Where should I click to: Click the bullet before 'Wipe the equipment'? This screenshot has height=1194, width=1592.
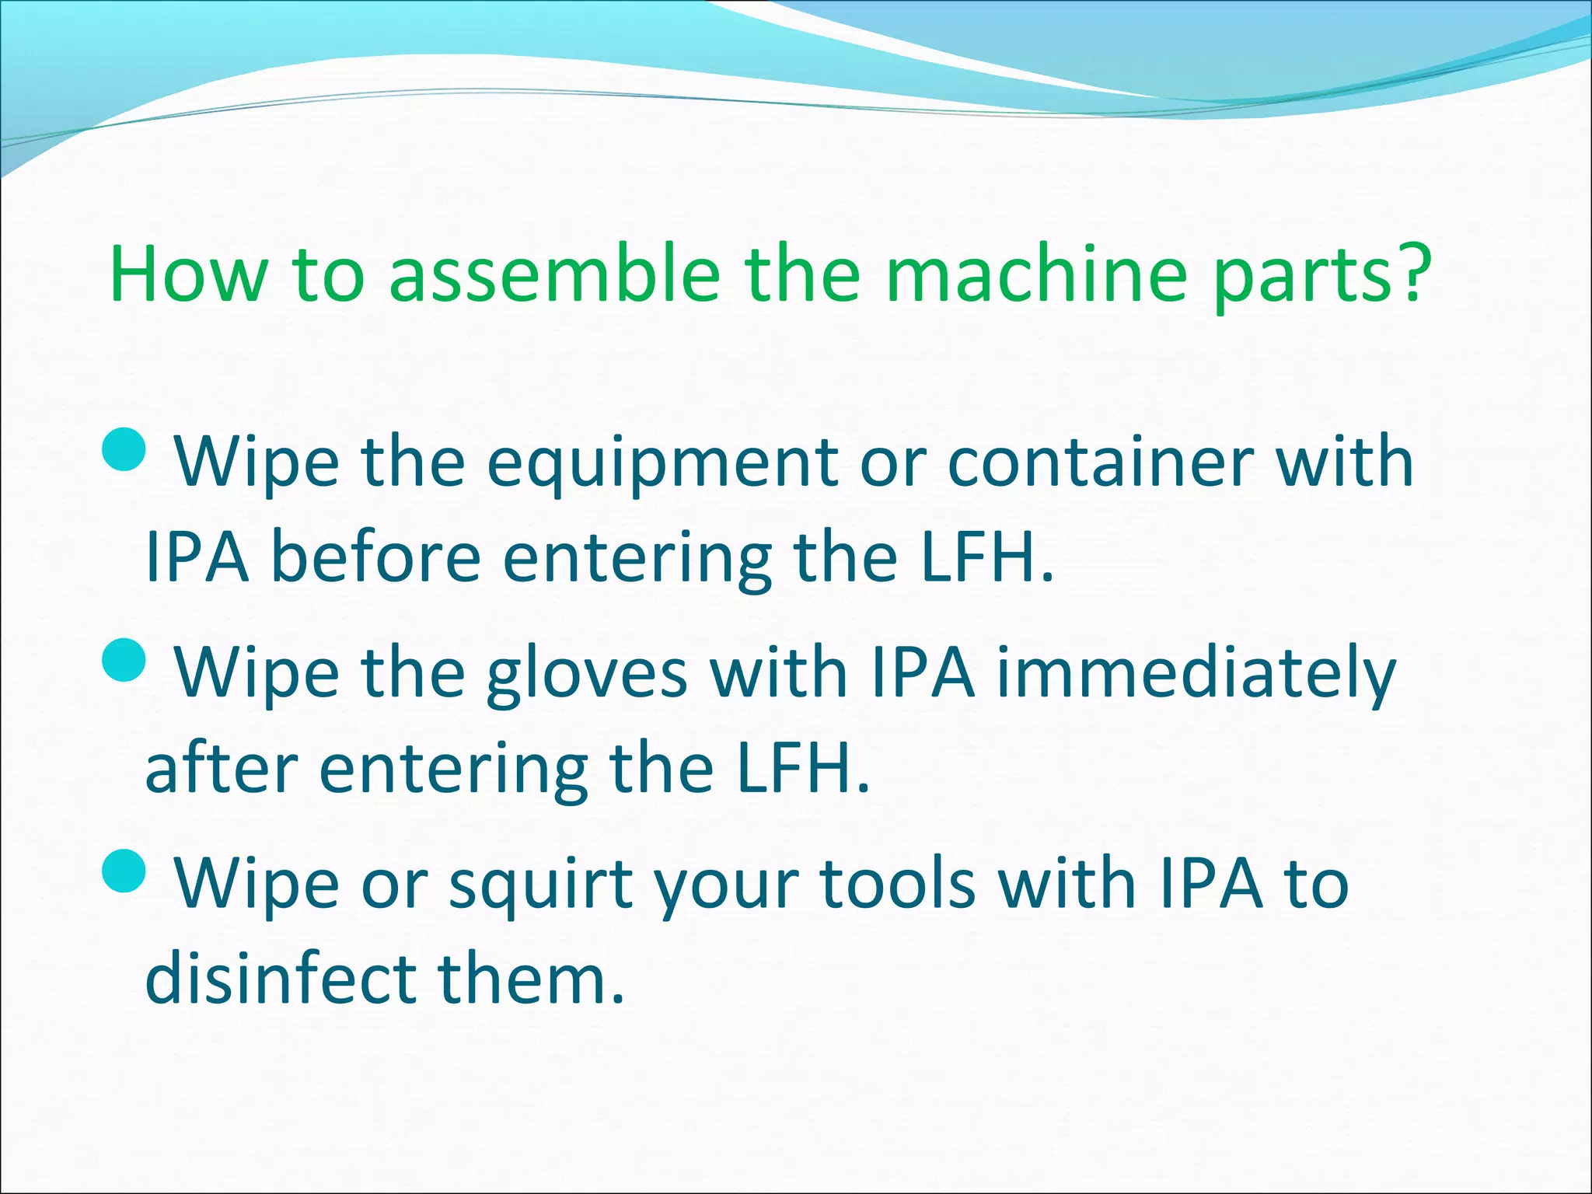click(x=124, y=451)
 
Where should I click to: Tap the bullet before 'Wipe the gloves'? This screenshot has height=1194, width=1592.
click(x=124, y=661)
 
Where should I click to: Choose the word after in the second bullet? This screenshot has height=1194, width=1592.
click(x=222, y=769)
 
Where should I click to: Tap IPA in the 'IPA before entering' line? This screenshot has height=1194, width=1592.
click(x=197, y=557)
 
